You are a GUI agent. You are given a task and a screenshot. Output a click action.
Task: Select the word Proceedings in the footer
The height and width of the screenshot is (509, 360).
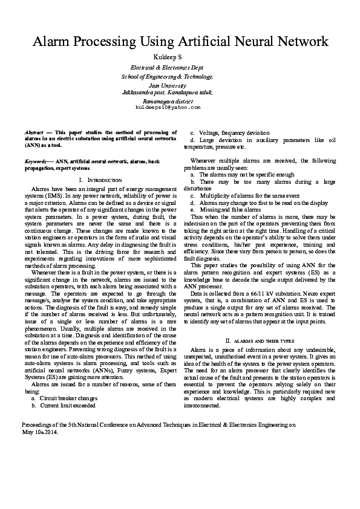point(30,425)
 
